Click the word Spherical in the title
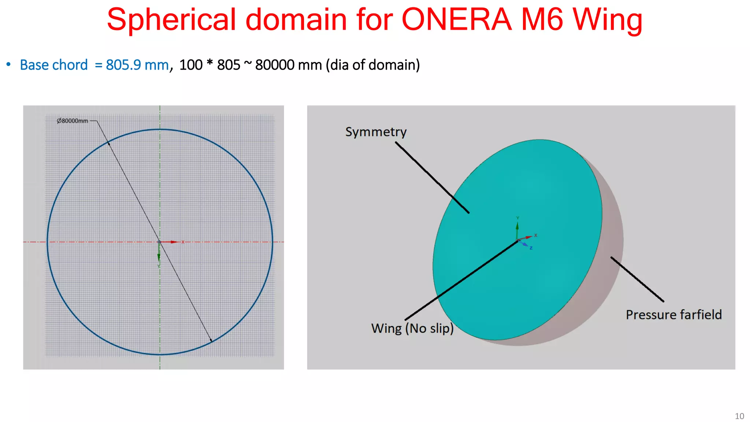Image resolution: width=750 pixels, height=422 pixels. click(x=171, y=20)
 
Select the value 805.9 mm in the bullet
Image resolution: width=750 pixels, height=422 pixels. click(x=137, y=65)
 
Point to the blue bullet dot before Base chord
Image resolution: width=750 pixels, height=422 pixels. click(x=8, y=64)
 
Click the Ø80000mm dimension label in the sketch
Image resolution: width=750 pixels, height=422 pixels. click(x=73, y=121)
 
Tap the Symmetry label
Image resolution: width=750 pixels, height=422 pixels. click(x=376, y=132)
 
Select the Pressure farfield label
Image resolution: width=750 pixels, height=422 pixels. click(x=673, y=315)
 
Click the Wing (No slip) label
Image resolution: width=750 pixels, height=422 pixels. click(x=412, y=328)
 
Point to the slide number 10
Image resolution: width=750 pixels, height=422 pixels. click(x=739, y=416)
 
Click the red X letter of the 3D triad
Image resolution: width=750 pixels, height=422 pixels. click(x=536, y=235)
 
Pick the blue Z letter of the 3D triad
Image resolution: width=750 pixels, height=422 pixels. click(x=531, y=248)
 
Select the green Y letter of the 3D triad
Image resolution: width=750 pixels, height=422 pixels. click(x=517, y=218)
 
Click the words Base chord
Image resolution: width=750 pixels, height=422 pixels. click(x=54, y=65)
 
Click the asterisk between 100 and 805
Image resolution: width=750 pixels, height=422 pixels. click(x=209, y=63)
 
